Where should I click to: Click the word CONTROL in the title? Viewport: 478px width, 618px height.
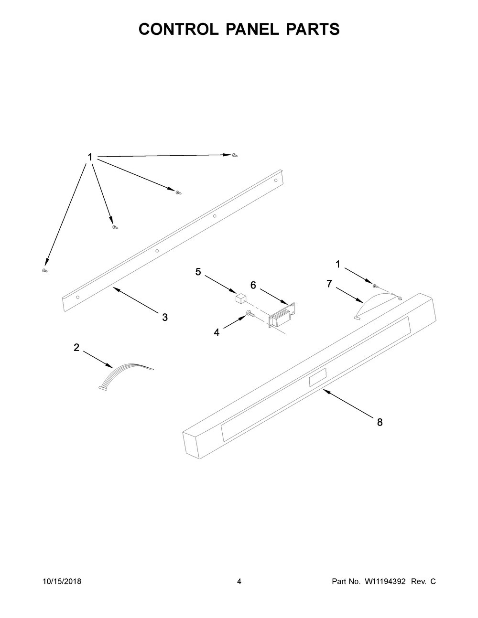tap(179, 29)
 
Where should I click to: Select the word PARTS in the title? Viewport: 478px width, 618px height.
tap(313, 29)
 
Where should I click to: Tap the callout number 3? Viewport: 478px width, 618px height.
tap(165, 318)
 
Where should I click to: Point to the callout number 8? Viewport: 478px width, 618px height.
tap(380, 422)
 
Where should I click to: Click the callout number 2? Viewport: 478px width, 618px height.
tap(76, 347)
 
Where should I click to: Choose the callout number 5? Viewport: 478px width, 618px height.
tap(198, 272)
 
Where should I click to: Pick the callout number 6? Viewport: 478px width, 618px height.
tap(253, 285)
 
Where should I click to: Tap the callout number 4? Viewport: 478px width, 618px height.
tap(217, 332)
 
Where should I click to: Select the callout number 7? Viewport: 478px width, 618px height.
tap(329, 284)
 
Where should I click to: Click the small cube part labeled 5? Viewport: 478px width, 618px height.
tap(241, 299)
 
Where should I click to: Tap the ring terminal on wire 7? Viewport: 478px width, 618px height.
tap(400, 298)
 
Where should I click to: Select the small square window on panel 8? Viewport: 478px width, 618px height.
tap(317, 377)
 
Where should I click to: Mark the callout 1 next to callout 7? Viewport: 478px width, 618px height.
tap(338, 265)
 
